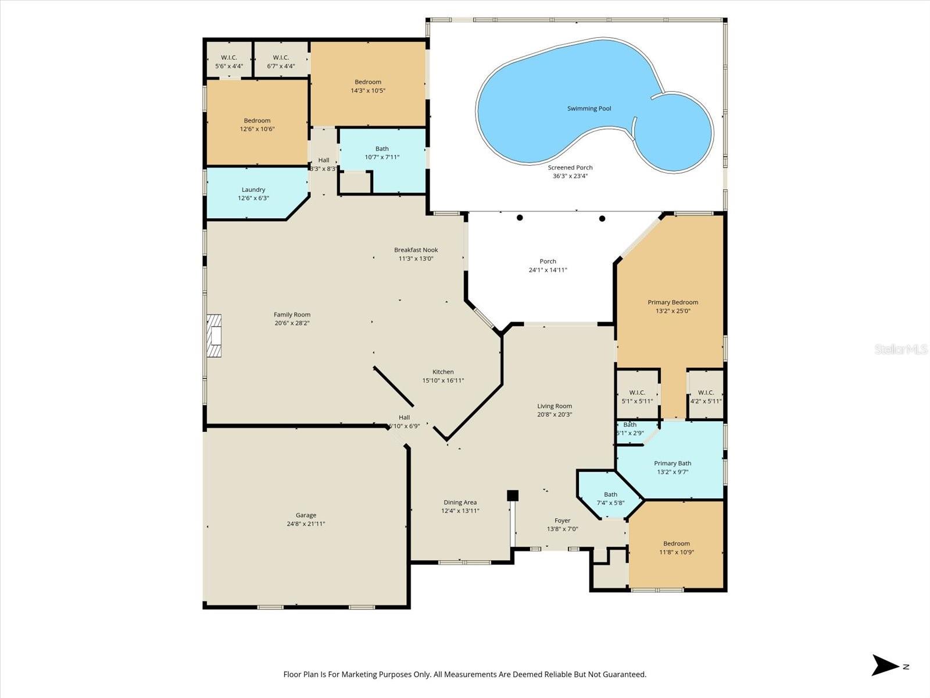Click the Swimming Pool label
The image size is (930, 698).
pos(589,109)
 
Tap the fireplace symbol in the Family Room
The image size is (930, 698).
pos(214,336)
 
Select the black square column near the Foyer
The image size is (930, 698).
pos(512,495)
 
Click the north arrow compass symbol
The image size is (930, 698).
pos(886,665)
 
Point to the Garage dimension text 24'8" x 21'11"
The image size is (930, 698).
pos(306,524)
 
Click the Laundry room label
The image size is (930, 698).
pos(253,190)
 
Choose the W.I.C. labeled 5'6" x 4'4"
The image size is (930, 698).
pos(229,62)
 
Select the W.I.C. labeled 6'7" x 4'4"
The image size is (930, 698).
pos(281,62)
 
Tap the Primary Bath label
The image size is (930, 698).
pos(673,464)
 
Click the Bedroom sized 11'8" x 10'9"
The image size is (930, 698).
pos(677,548)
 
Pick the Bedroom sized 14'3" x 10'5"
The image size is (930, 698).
pos(368,86)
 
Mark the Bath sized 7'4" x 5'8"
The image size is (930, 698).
pos(610,498)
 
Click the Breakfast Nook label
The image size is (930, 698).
pos(416,250)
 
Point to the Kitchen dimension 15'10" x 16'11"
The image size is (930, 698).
pos(443,381)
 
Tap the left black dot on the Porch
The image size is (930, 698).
pos(520,218)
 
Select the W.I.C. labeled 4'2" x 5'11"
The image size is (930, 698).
pos(706,397)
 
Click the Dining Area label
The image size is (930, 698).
pos(460,503)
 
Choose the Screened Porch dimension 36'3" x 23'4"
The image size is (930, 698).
pos(570,176)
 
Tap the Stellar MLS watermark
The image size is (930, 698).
pos(901,350)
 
